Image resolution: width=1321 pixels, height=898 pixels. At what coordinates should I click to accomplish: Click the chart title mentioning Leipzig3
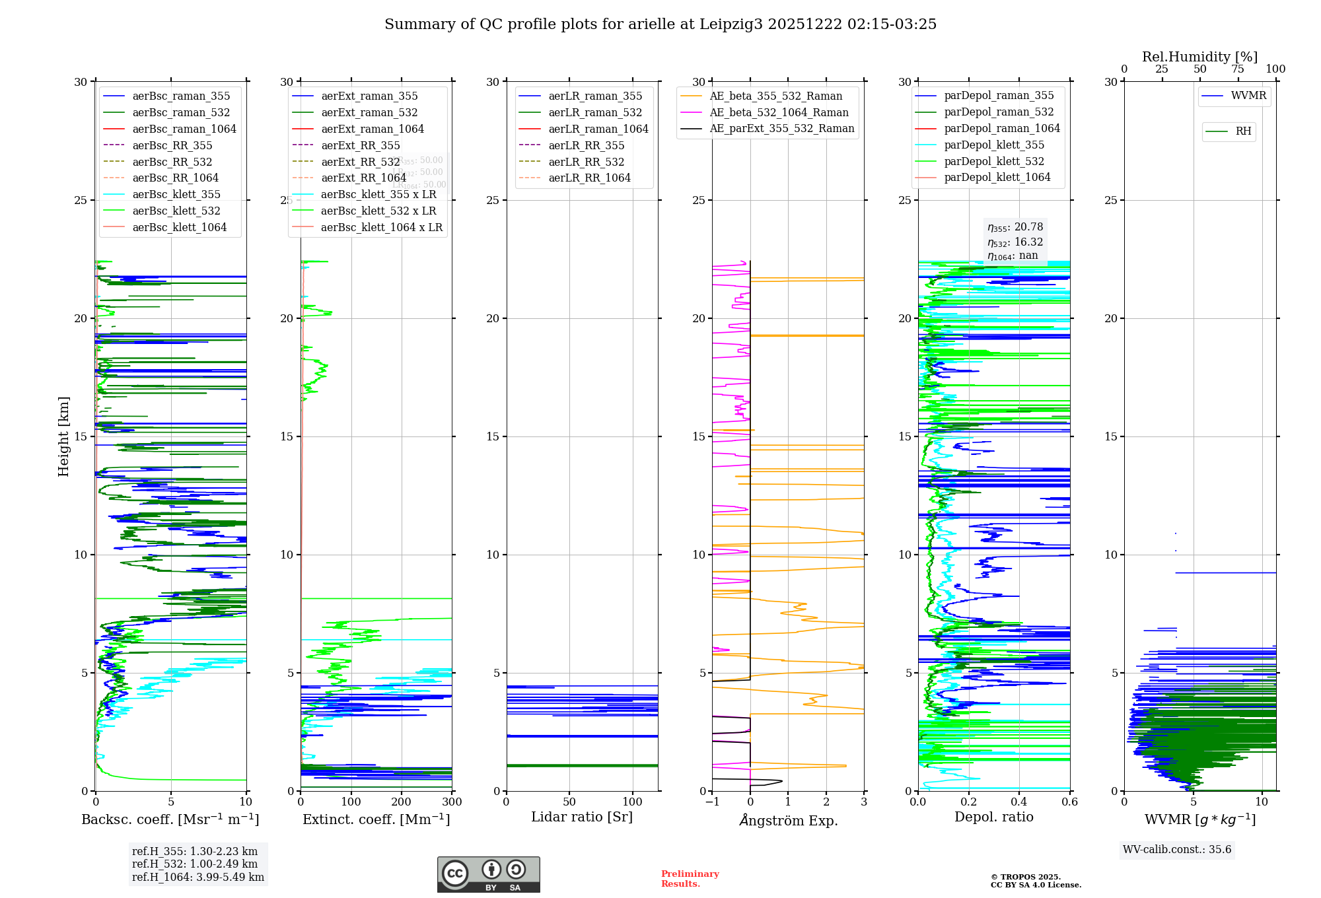(x=660, y=24)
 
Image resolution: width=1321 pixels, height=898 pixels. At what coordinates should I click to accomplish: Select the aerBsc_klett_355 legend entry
(x=176, y=195)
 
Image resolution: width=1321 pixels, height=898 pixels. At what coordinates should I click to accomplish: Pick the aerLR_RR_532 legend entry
(x=586, y=162)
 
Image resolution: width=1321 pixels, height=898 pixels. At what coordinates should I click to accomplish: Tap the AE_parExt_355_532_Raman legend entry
(x=781, y=129)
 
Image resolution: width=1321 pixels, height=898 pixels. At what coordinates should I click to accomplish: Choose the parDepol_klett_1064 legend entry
(x=997, y=178)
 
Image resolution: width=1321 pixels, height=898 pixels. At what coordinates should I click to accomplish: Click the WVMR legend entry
(x=1248, y=96)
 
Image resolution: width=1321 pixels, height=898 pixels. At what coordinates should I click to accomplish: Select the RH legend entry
(x=1243, y=131)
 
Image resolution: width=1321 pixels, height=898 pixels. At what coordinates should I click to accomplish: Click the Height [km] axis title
(x=63, y=436)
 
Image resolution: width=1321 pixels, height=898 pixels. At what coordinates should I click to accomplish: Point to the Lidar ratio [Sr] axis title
(x=582, y=817)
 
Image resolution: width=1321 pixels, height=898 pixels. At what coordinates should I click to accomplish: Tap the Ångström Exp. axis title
(x=788, y=821)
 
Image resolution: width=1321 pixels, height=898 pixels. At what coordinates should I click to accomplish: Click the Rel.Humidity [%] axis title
(x=1199, y=57)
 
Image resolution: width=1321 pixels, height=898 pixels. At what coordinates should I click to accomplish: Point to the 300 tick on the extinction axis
(x=452, y=802)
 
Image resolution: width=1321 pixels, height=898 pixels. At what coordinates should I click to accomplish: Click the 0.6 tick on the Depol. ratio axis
(x=1069, y=802)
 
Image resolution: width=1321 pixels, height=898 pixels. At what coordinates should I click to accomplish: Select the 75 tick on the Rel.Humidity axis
(x=1238, y=69)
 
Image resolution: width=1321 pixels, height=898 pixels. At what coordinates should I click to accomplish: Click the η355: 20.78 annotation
(x=1015, y=227)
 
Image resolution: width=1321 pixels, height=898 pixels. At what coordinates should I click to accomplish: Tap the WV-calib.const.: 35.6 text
(x=1177, y=850)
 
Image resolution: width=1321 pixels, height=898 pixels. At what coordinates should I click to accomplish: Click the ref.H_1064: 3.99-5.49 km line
(x=198, y=878)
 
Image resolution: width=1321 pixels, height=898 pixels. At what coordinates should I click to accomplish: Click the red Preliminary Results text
(x=690, y=879)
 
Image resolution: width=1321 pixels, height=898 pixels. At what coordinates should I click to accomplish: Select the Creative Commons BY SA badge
(x=488, y=875)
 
